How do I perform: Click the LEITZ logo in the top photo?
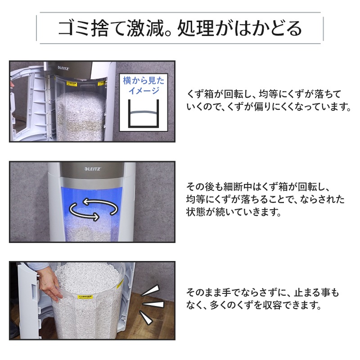tap(63, 68)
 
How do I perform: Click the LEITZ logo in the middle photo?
tap(93, 169)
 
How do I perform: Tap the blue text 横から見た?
tap(144, 81)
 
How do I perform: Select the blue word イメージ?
tap(144, 91)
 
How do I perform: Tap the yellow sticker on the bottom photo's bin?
tap(85, 297)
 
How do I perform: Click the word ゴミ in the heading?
tap(74, 28)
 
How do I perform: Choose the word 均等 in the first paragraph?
tap(268, 94)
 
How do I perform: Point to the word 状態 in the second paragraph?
tap(195, 211)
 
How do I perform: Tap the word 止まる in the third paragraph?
tap(306, 293)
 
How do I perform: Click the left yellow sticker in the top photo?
tap(72, 84)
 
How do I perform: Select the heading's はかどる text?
tap(268, 28)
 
